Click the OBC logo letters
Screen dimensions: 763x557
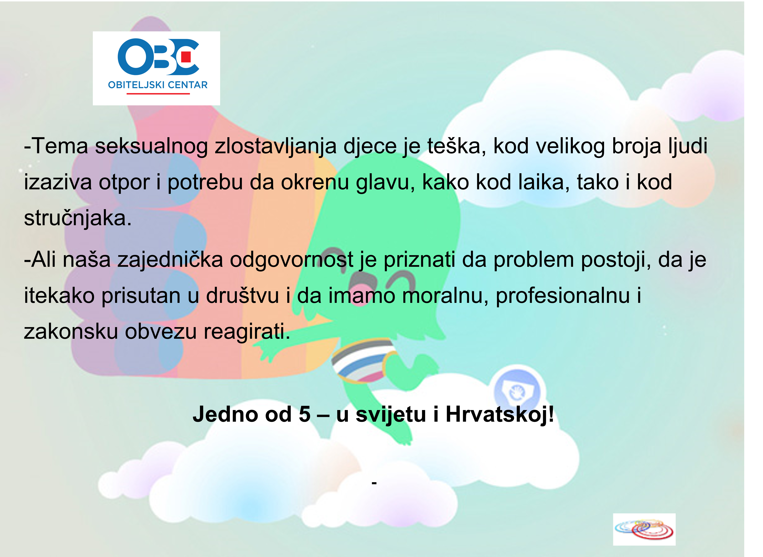pos(158,57)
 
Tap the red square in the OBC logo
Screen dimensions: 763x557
pos(186,57)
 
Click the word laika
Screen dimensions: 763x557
pos(544,182)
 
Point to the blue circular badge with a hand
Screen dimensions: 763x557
pos(517,391)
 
